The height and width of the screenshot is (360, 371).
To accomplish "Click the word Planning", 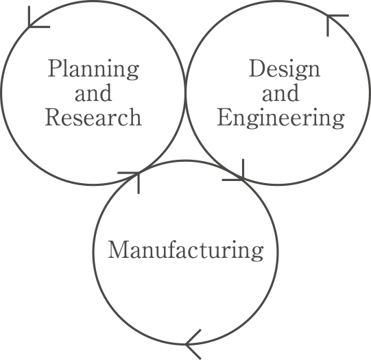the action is (x=93, y=69).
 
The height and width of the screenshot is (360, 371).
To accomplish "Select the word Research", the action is (x=93, y=117).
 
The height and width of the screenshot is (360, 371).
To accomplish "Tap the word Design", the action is (x=285, y=69).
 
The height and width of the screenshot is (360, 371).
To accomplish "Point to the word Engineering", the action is (x=281, y=118).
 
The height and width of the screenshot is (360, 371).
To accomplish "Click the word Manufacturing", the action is (x=186, y=251).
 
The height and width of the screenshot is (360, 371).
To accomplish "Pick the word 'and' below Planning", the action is (x=93, y=93).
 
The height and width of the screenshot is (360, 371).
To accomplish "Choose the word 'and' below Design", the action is (x=280, y=93).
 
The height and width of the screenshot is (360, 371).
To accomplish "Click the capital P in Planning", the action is (x=53, y=68).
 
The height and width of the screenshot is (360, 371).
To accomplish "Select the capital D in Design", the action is (x=256, y=68).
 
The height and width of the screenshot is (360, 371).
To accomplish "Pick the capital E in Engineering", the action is (x=224, y=117).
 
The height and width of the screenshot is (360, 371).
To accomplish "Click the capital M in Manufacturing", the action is (x=118, y=250).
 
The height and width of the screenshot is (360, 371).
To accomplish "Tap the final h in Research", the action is (x=135, y=117).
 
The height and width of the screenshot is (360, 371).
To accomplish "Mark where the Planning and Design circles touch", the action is (x=185, y=93).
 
